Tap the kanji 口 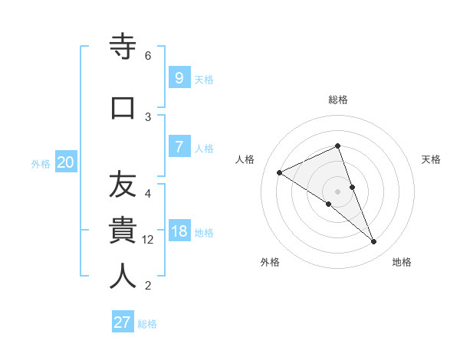(x=123, y=106)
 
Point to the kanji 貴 (x=123, y=231)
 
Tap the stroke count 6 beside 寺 (x=148, y=56)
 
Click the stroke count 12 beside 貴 (x=148, y=240)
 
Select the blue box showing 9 (x=179, y=77)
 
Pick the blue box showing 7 (x=179, y=146)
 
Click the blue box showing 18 (x=179, y=231)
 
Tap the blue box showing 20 (x=65, y=162)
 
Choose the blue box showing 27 (x=123, y=322)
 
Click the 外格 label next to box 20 (x=41, y=163)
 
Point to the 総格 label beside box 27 (x=147, y=324)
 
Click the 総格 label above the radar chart (x=338, y=100)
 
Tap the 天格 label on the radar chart (x=432, y=159)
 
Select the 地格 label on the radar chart (x=402, y=262)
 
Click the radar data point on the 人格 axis (x=280, y=172)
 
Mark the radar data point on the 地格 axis (x=374, y=242)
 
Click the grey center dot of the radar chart (x=338, y=191)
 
